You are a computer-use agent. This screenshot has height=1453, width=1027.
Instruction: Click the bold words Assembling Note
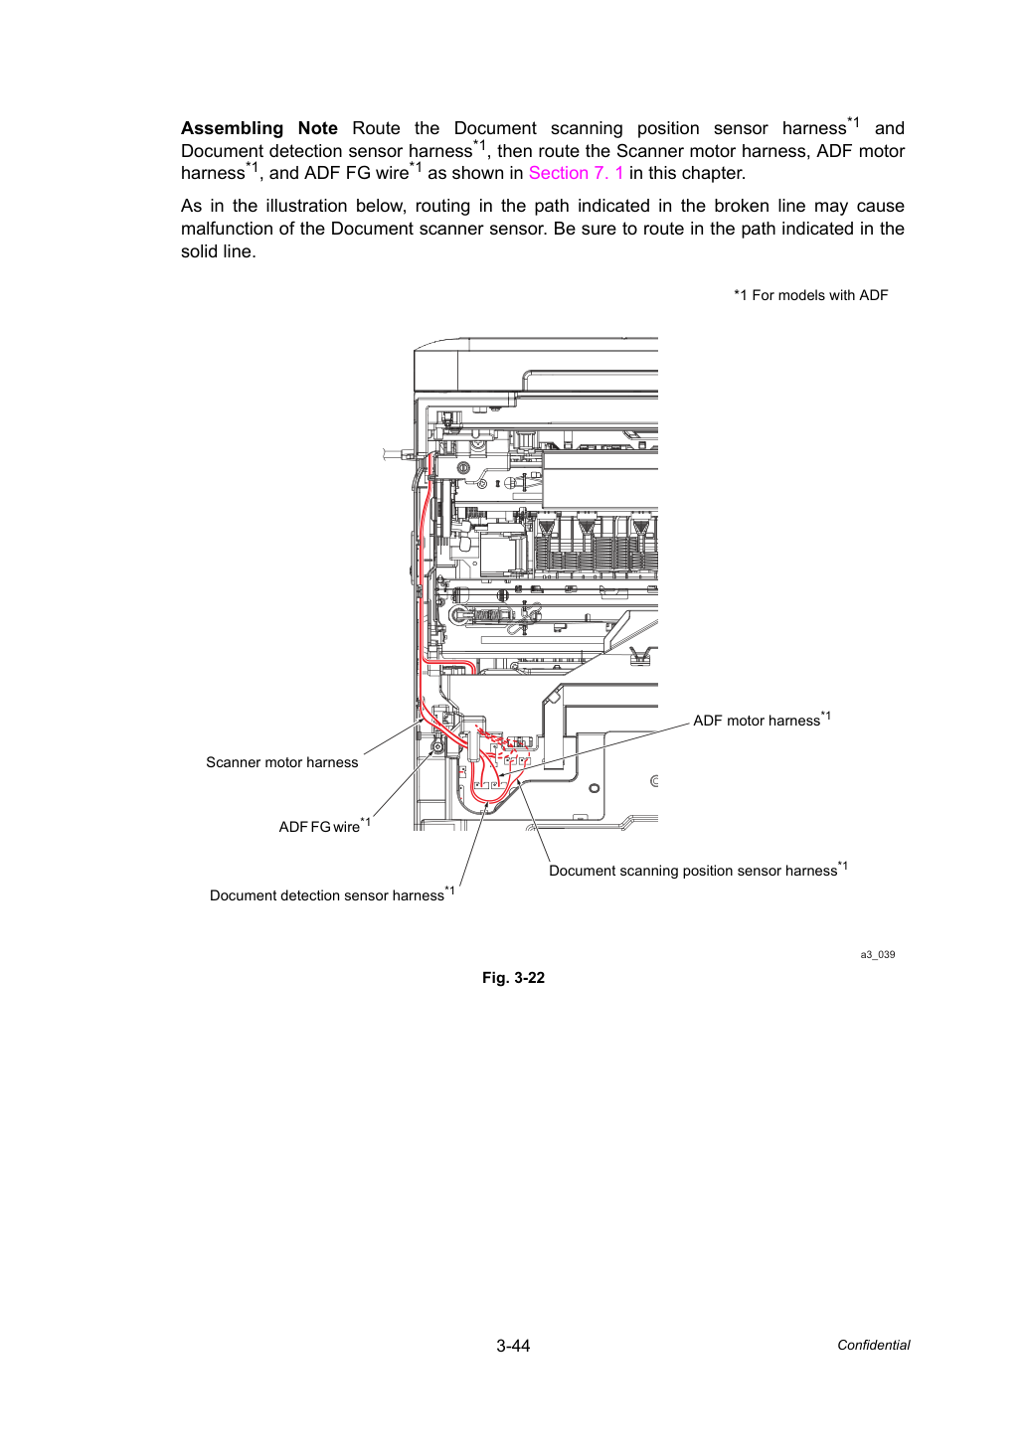tap(258, 128)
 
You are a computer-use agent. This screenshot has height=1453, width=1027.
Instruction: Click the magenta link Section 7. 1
tap(576, 173)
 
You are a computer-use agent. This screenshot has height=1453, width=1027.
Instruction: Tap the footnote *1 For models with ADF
tap(810, 295)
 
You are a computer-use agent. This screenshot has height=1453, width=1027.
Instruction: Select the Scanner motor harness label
tap(281, 762)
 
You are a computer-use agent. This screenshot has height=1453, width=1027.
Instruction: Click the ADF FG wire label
tap(324, 825)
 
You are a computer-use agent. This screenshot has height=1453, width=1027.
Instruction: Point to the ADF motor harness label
tap(762, 720)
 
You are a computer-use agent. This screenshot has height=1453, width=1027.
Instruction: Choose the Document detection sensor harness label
tap(331, 893)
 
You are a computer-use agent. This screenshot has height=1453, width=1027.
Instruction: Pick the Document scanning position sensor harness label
tap(698, 870)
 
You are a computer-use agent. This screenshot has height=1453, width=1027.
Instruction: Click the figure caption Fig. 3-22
tap(513, 978)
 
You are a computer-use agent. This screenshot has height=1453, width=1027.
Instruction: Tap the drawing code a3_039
tap(877, 954)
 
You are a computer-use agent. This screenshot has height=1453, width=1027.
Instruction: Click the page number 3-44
tap(513, 1346)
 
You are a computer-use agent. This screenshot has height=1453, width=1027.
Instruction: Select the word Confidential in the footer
tap(873, 1346)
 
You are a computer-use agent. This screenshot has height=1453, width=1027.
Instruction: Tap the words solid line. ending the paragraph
tap(219, 251)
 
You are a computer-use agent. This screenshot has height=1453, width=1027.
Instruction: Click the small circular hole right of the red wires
tap(594, 789)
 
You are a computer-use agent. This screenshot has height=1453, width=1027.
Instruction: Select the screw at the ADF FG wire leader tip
tap(437, 748)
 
